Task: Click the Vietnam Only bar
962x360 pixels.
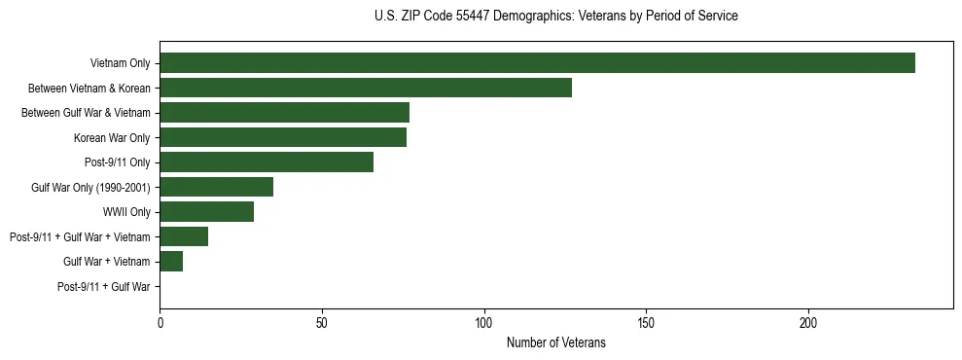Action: pos(537,63)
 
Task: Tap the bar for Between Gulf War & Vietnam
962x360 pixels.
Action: pos(284,113)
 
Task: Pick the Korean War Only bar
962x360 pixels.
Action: pos(283,137)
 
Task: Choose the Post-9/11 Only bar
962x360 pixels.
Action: pos(267,162)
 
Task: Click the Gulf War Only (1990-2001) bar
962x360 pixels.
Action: pos(217,187)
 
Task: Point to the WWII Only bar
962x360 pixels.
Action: pos(207,212)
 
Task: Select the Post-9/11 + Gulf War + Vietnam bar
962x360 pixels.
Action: pos(184,236)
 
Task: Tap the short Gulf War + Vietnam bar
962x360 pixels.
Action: pos(171,262)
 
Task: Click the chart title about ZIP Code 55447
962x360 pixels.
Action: pos(555,17)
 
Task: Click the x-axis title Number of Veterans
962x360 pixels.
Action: pos(555,342)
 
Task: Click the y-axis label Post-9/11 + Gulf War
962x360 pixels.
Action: pos(104,287)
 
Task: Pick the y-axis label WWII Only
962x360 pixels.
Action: pos(126,212)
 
